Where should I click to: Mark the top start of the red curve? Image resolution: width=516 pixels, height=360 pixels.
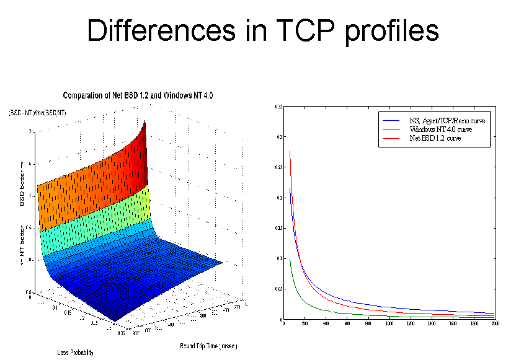coord(290,151)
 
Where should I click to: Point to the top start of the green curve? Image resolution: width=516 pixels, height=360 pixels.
coord(290,259)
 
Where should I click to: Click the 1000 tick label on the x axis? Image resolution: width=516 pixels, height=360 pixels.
coord(389,324)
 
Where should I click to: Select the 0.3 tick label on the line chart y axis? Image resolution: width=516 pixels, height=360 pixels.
coord(279,137)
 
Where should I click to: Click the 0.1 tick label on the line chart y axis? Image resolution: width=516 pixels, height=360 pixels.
coord(279,258)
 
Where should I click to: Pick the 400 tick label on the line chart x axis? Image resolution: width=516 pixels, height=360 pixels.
coord(326,324)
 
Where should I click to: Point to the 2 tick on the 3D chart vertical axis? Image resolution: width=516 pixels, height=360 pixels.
coord(29,131)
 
